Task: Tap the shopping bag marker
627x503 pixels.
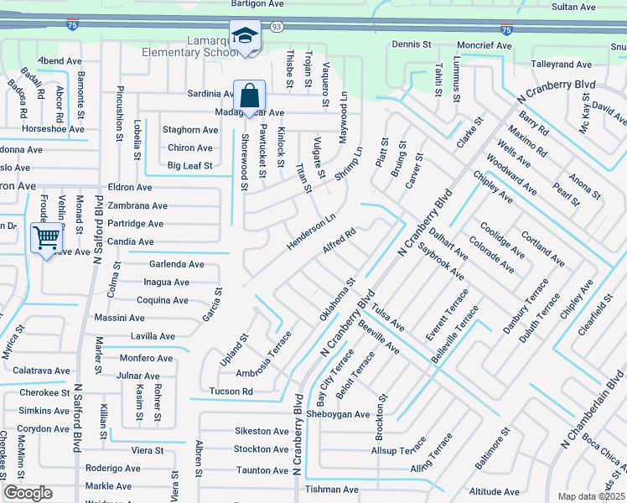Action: point(250,96)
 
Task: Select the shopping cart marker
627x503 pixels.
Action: point(46,238)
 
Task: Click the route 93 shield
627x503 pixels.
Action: point(277,28)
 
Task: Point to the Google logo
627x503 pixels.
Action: point(28,493)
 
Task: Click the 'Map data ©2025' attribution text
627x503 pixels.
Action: point(591,496)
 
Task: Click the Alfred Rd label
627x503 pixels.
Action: point(339,240)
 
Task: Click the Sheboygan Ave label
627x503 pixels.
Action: point(338,414)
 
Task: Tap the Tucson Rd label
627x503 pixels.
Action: point(231,392)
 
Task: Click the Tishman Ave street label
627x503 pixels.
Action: point(331,490)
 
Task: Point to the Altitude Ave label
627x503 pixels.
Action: point(496,492)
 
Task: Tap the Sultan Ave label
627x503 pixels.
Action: point(573,7)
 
